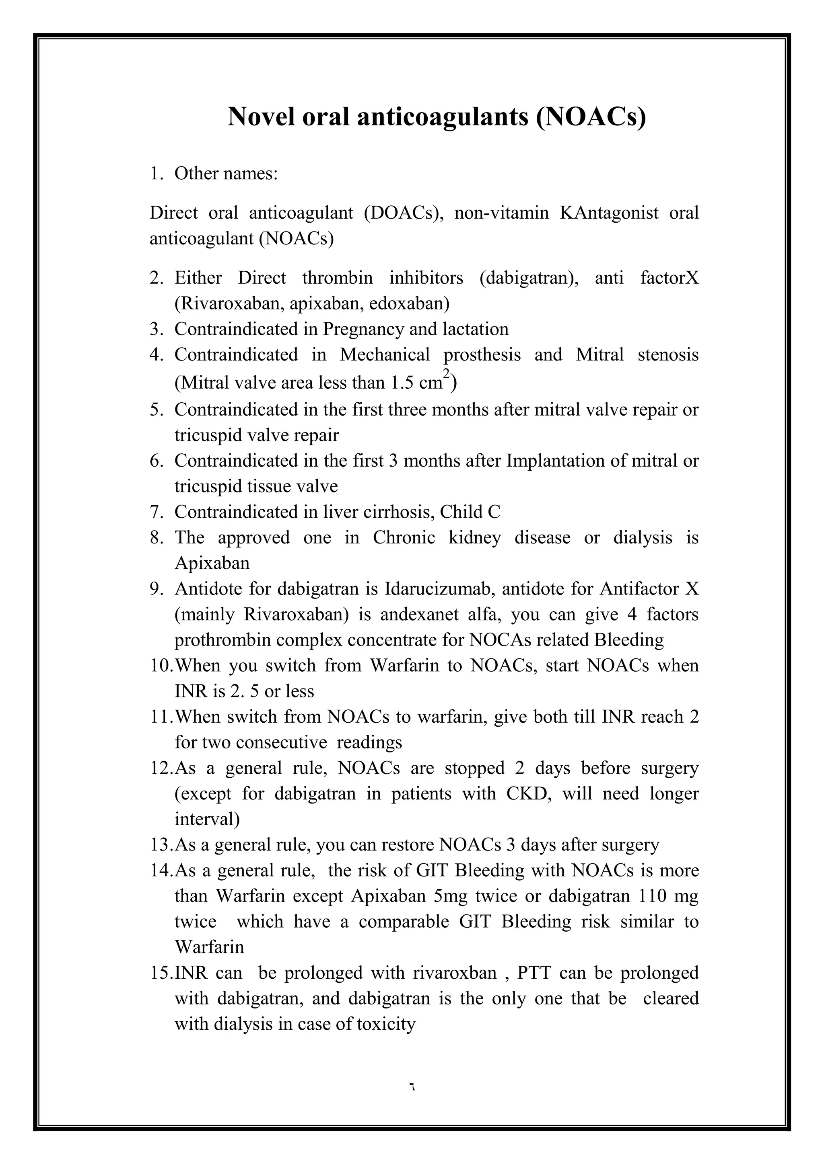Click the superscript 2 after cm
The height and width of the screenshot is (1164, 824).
(447, 374)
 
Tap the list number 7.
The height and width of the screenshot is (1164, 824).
(155, 512)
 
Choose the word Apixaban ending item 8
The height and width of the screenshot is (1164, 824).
(212, 563)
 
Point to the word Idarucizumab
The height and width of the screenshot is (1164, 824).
(439, 589)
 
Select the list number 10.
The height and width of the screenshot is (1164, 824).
(161, 666)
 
